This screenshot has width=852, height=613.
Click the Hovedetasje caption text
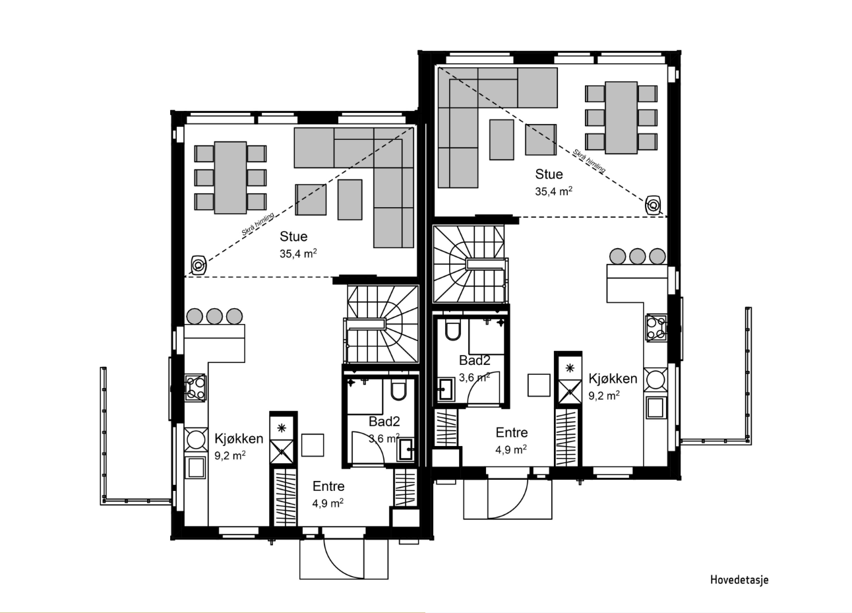739,580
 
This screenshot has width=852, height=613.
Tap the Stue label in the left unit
293,236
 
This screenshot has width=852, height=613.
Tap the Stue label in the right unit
549,174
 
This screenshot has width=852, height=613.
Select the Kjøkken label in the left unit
239,438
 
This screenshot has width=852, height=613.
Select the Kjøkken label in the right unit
613,378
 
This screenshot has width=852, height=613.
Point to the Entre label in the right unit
512,433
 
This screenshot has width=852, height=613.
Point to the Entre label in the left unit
328,486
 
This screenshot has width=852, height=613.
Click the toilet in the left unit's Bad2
398,390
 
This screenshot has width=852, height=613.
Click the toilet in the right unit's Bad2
453,330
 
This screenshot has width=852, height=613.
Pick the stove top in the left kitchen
195,388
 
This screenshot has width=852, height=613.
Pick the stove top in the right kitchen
656,327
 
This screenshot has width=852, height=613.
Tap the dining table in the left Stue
230,177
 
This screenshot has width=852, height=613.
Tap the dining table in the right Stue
621,117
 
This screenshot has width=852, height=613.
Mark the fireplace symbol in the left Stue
198,265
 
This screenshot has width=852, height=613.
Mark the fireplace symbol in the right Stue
653,205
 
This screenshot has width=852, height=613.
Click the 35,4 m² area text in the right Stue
553,191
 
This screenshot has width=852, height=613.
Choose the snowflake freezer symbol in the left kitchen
282,428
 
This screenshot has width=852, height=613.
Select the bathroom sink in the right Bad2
446,389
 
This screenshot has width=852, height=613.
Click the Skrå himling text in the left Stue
258,224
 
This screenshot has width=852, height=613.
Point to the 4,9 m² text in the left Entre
328,503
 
